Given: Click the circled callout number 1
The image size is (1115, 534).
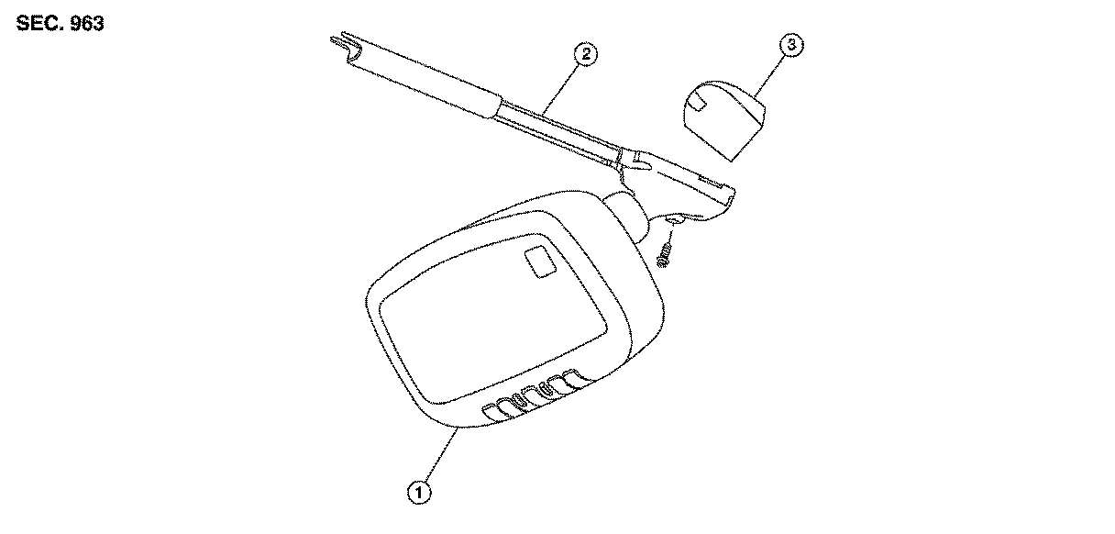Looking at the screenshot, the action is pyautogui.click(x=419, y=493).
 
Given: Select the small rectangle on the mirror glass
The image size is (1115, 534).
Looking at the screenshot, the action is pyautogui.click(x=537, y=262).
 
